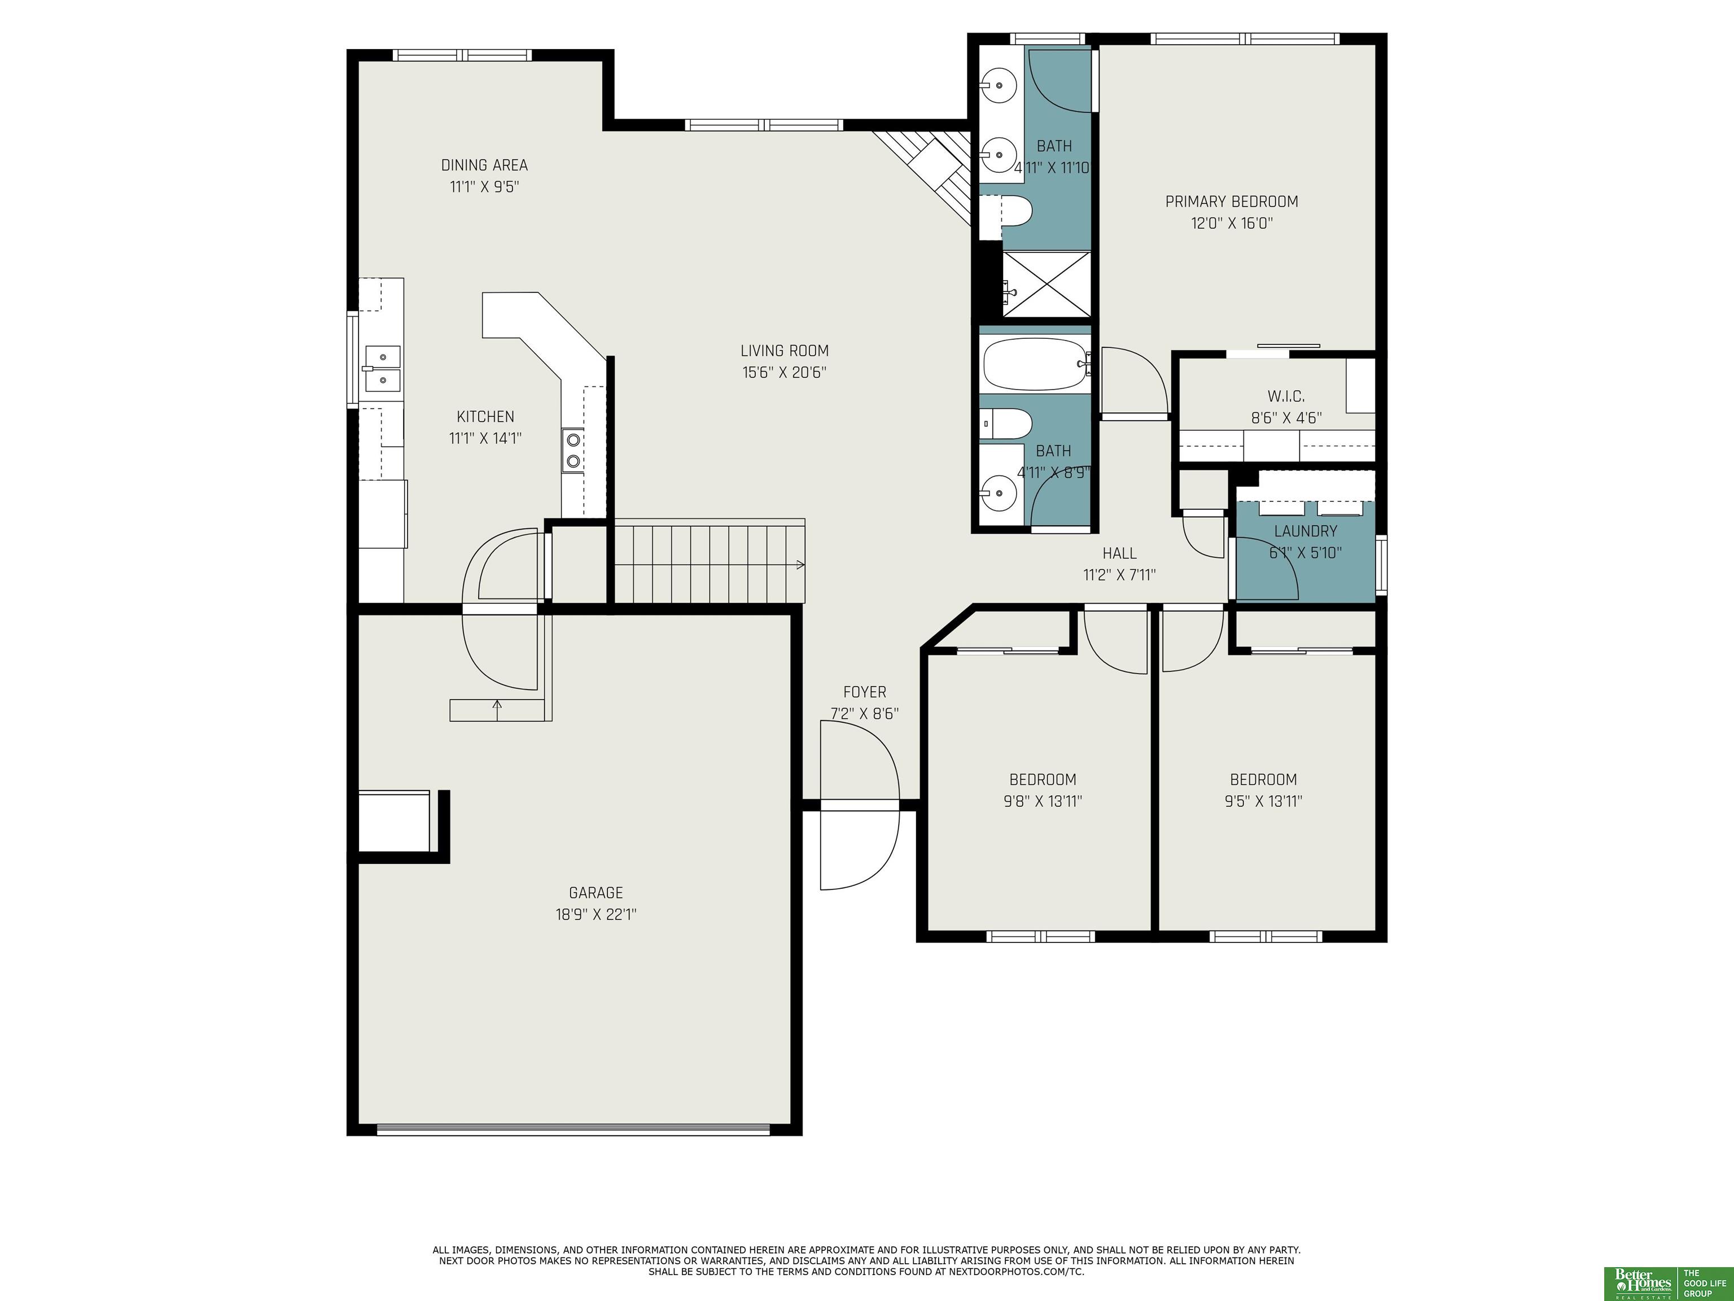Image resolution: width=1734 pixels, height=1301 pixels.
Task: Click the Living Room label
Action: pyautogui.click(x=784, y=351)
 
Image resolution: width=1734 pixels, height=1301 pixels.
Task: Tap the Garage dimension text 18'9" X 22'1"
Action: pyautogui.click(x=595, y=914)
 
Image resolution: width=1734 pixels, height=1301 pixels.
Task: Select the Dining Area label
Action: pyautogui.click(x=484, y=165)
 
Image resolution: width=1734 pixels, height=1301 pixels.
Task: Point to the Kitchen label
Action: pyautogui.click(x=485, y=416)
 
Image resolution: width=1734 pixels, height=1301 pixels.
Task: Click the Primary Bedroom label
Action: pyautogui.click(x=1232, y=202)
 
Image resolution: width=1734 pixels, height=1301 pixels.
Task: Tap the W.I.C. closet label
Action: pyautogui.click(x=1286, y=396)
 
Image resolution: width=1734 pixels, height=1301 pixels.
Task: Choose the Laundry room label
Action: pyautogui.click(x=1305, y=531)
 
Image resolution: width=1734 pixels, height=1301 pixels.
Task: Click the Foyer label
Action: pyautogui.click(x=865, y=692)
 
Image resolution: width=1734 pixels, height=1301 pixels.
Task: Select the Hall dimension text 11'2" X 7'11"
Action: pyautogui.click(x=1119, y=575)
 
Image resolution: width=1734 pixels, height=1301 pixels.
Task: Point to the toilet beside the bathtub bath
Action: pyautogui.click(x=1006, y=424)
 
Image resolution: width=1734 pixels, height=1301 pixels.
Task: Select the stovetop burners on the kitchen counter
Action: pyautogui.click(x=573, y=450)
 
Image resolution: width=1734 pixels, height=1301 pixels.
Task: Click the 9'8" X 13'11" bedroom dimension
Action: pyautogui.click(x=1043, y=801)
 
